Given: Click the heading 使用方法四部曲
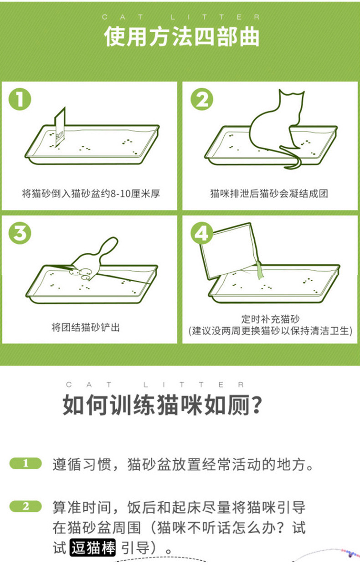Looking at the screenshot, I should [181, 37].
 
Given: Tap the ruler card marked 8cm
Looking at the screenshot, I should [60, 129].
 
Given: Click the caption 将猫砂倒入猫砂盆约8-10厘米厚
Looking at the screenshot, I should [91, 194].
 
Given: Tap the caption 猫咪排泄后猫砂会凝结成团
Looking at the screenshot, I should [269, 194].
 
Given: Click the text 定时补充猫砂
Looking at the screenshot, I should [270, 319].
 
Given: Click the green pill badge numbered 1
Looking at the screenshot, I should [26, 464].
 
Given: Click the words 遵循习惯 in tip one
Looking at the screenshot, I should [79, 465].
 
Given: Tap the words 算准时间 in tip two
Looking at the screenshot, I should [79, 507].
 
